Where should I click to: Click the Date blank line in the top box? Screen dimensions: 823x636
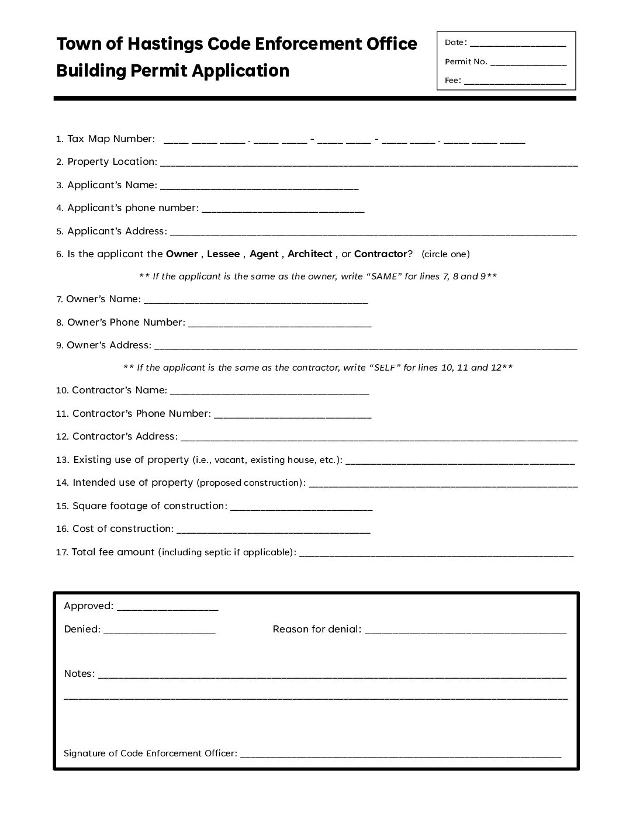tap(518, 44)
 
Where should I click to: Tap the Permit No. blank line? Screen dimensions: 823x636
tap(528, 63)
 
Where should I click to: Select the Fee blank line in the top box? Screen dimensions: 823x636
tap(515, 82)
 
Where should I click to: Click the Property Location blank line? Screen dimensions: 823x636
tap(368, 164)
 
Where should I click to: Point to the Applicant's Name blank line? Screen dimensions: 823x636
tap(259, 188)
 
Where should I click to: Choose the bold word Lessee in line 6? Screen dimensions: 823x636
tap(223, 254)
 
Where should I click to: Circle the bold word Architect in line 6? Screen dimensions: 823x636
tap(310, 254)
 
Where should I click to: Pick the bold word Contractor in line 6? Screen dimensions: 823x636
tap(380, 254)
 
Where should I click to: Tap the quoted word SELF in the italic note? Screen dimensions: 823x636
tap(384, 368)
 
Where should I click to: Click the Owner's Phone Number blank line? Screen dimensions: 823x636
tap(279, 325)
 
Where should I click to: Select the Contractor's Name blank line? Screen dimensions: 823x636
tap(269, 393)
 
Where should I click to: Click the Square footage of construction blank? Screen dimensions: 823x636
tap(302, 509)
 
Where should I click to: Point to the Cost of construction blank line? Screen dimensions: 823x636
tap(273, 531)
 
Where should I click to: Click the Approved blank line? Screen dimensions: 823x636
tap(167, 608)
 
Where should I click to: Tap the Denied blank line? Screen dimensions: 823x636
tap(159, 632)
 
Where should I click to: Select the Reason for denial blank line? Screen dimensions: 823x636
tap(465, 632)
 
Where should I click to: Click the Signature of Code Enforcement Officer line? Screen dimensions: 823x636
tap(400, 756)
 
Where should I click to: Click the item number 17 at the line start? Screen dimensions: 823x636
tap(62, 552)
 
